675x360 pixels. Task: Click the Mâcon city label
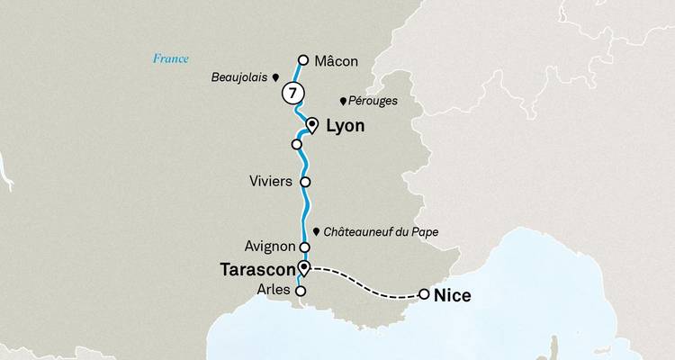coord(337,61)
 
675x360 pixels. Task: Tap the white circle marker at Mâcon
coord(303,60)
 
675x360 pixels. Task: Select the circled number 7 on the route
coord(292,93)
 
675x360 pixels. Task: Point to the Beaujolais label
coord(240,77)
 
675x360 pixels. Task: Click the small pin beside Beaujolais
coord(275,78)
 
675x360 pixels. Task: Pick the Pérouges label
coord(372,101)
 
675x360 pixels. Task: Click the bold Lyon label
coord(345,128)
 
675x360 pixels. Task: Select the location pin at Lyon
coord(312,125)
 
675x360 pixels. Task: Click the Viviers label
coord(270,181)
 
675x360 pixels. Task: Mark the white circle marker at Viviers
coord(305,181)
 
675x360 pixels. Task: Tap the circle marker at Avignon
coord(304,247)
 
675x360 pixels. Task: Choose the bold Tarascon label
coord(259,269)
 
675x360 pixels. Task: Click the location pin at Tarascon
coord(304,267)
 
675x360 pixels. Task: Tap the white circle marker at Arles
coord(301,291)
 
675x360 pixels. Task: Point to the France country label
coord(170,59)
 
